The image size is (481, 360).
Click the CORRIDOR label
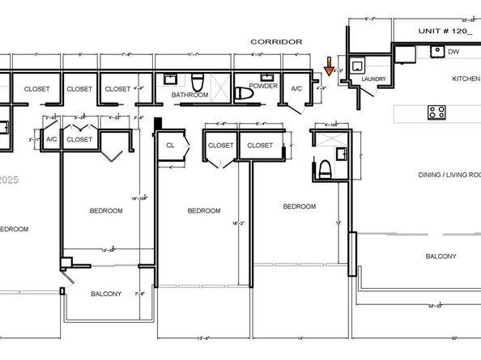click(276, 41)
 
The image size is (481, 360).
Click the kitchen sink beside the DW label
click(436, 52)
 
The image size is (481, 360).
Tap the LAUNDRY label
click(373, 79)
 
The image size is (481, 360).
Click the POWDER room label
click(263, 84)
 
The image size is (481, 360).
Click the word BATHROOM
click(189, 95)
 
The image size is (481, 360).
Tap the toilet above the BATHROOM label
click(198, 81)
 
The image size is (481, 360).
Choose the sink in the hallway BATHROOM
click(172, 79)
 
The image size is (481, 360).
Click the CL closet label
click(170, 146)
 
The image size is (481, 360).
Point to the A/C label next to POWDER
click(296, 89)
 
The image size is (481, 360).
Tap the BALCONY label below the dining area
click(441, 256)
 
